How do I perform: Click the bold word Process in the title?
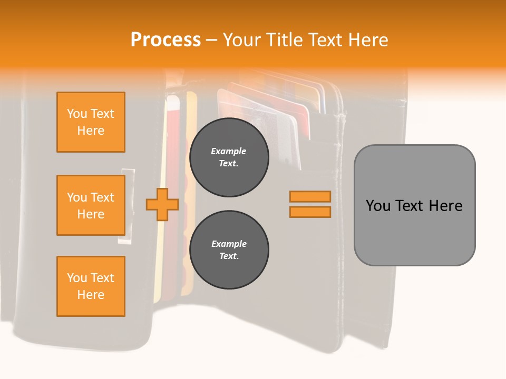pyautogui.click(x=166, y=40)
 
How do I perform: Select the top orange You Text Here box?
pyautogui.click(x=91, y=122)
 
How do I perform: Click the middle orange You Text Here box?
pyautogui.click(x=91, y=205)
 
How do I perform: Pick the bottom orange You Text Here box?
pyautogui.click(x=91, y=286)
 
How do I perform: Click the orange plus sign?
pyautogui.click(x=162, y=204)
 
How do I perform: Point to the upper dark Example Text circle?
pyautogui.click(x=229, y=157)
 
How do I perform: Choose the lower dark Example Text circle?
pyautogui.click(x=229, y=250)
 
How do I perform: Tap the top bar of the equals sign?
pyautogui.click(x=310, y=196)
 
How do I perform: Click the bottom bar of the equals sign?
pyautogui.click(x=310, y=212)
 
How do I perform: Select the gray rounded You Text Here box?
pyautogui.click(x=414, y=205)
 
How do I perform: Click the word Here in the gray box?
pyautogui.click(x=445, y=206)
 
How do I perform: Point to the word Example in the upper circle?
pyautogui.click(x=229, y=151)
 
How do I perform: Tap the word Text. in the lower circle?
pyautogui.click(x=229, y=256)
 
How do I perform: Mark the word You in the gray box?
pyautogui.click(x=378, y=206)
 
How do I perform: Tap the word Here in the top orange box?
pyautogui.click(x=91, y=131)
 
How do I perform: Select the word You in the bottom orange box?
pyautogui.click(x=77, y=278)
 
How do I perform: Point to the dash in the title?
pyautogui.click(x=211, y=40)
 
